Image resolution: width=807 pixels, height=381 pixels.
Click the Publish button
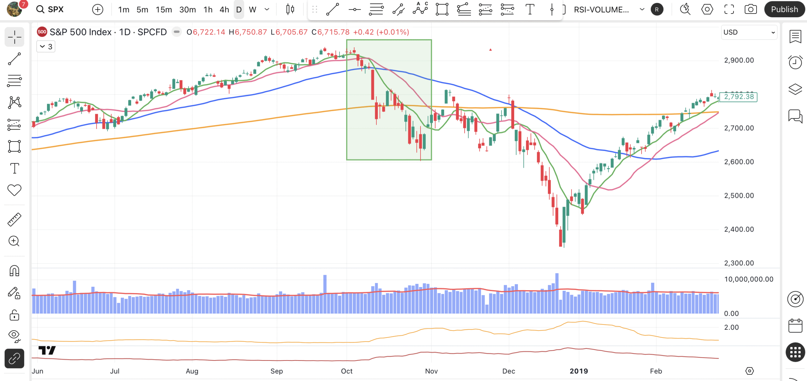(784, 9)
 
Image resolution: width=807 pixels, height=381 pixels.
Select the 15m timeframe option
(164, 10)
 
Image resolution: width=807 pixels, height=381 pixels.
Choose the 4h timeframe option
(224, 10)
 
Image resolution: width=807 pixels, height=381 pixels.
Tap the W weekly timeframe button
(252, 10)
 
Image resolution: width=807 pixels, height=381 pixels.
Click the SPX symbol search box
(50, 9)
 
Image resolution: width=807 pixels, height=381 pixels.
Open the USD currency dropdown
(749, 32)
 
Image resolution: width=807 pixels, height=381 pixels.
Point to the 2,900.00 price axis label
(739, 60)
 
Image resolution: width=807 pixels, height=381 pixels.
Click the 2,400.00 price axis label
(739, 229)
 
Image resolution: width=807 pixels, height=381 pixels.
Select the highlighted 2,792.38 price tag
(739, 96)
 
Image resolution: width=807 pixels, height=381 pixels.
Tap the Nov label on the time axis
(431, 371)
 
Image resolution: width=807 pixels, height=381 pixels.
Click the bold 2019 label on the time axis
(579, 371)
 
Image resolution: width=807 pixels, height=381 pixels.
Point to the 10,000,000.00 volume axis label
(749, 279)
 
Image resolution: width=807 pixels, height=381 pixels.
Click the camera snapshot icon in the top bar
(751, 9)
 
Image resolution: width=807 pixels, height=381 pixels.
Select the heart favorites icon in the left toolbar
(14, 190)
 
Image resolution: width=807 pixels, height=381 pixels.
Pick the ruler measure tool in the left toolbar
(14, 220)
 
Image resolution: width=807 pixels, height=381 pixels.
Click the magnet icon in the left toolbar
(14, 271)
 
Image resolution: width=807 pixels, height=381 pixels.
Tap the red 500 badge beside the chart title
(42, 32)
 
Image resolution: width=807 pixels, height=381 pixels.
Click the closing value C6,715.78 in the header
(331, 32)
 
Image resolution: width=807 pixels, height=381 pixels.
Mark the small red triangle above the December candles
(490, 49)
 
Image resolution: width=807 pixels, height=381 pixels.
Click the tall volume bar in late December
(557, 293)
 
